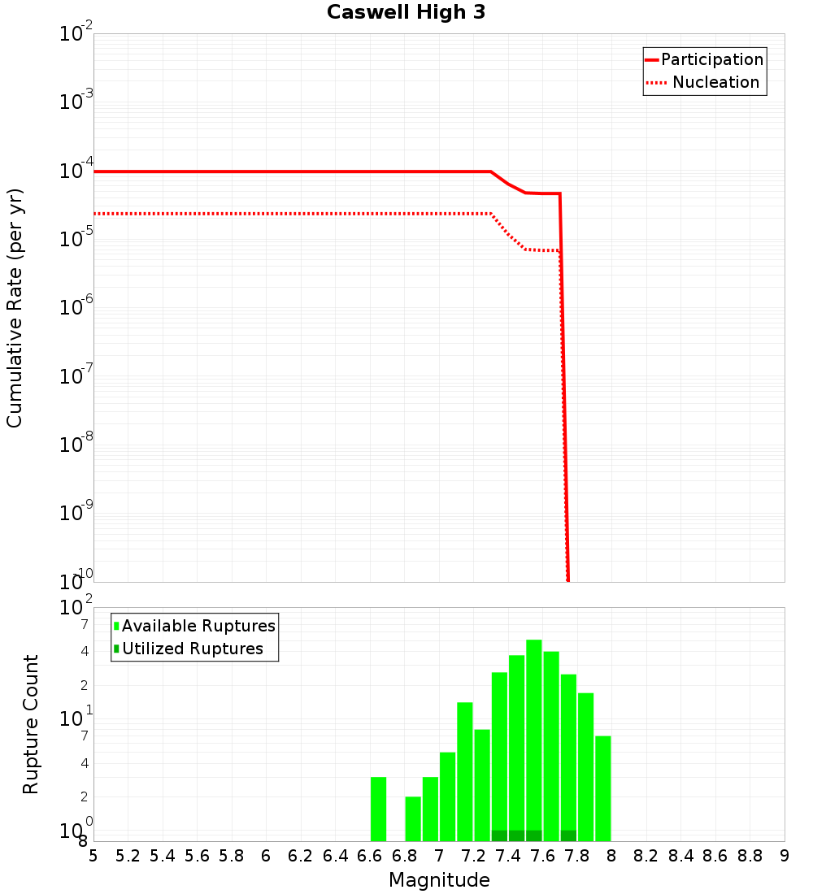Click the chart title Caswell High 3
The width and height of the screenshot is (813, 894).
406,13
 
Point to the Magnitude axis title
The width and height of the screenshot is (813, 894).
439,880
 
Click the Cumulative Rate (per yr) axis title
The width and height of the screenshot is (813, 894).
15,308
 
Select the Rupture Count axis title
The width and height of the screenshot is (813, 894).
31,724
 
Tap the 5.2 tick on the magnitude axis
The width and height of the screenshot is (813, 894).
128,856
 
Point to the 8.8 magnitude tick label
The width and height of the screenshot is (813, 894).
750,856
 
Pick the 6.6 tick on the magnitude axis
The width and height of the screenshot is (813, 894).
370,856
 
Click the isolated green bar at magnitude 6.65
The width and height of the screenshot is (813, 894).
378,809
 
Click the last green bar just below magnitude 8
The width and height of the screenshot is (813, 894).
602,788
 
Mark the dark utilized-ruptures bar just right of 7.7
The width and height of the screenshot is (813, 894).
568,835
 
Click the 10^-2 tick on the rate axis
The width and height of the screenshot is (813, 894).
76,34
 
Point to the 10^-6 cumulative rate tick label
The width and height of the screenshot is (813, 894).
76,308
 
